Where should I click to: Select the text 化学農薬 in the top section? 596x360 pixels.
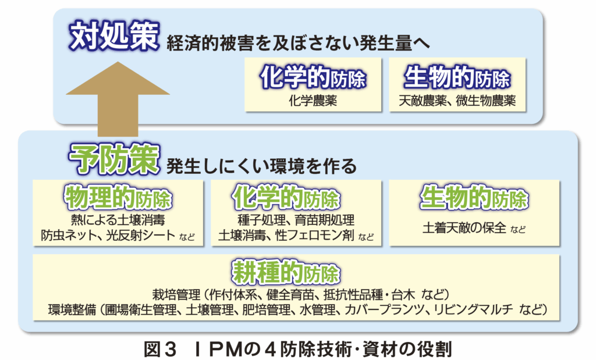313,101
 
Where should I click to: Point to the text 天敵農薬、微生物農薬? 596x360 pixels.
457,101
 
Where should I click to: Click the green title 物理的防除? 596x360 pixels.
119,198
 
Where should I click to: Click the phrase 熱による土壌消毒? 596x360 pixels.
119,221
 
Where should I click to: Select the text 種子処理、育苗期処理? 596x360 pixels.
296,221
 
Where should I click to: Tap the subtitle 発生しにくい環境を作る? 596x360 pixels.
261,166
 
